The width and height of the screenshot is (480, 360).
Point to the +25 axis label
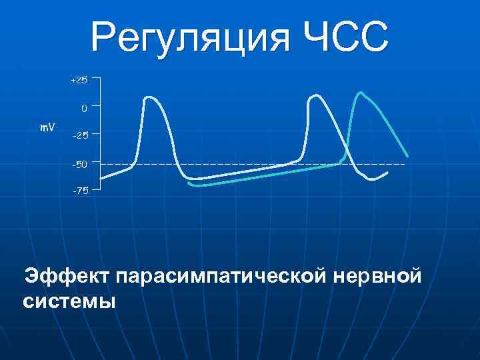(x=79, y=80)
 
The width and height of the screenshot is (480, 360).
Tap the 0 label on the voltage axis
(x=83, y=107)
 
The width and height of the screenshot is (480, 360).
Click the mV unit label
(x=47, y=126)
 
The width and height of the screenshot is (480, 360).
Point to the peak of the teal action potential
(x=361, y=92)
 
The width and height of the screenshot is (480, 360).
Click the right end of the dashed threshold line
(x=404, y=163)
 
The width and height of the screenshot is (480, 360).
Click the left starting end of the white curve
(x=101, y=179)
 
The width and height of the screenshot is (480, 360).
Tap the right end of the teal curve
(x=407, y=157)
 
